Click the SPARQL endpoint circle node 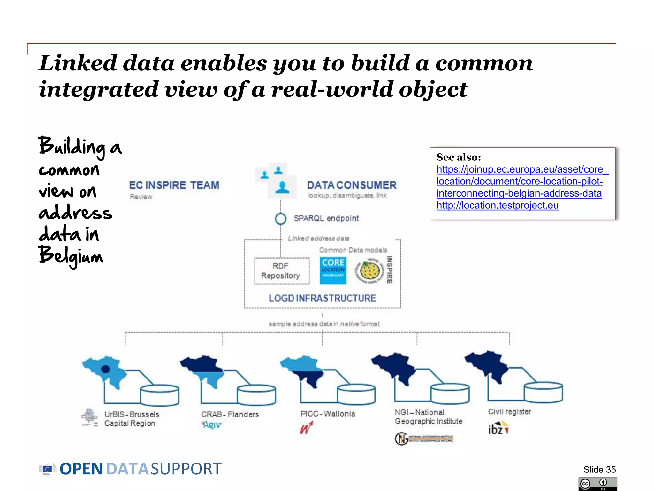click(x=280, y=219)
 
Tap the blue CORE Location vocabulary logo click(x=333, y=271)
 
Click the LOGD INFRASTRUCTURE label click(x=322, y=298)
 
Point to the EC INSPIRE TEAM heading click(x=174, y=185)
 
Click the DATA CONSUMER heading click(x=352, y=185)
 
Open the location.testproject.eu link click(x=497, y=205)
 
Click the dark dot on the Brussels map click(x=105, y=369)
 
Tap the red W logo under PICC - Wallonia click(x=306, y=428)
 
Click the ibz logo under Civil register click(x=498, y=429)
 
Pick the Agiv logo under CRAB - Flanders click(x=211, y=425)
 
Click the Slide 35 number click(x=599, y=469)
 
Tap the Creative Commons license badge click(x=597, y=484)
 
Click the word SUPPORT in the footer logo click(x=186, y=469)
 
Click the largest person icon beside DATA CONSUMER click(x=282, y=187)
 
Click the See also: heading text click(x=459, y=157)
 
